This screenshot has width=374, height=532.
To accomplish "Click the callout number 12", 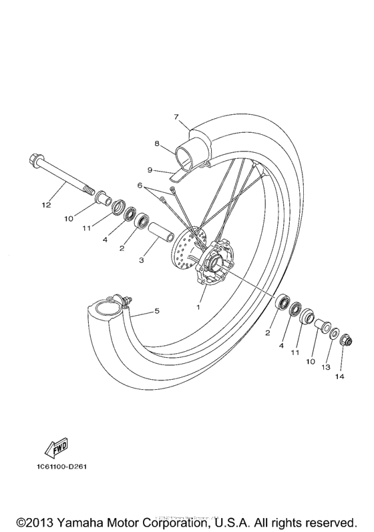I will pos(46,205).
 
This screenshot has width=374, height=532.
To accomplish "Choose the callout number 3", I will pos(141,261).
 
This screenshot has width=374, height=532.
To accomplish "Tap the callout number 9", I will pos(151,170).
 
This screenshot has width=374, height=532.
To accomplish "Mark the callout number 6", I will pos(140,185).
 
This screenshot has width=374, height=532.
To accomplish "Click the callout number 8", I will pos(156,143).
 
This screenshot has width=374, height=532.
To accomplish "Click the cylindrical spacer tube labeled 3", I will pos(161,234).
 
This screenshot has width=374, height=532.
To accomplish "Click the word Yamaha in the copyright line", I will pos(83,521).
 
